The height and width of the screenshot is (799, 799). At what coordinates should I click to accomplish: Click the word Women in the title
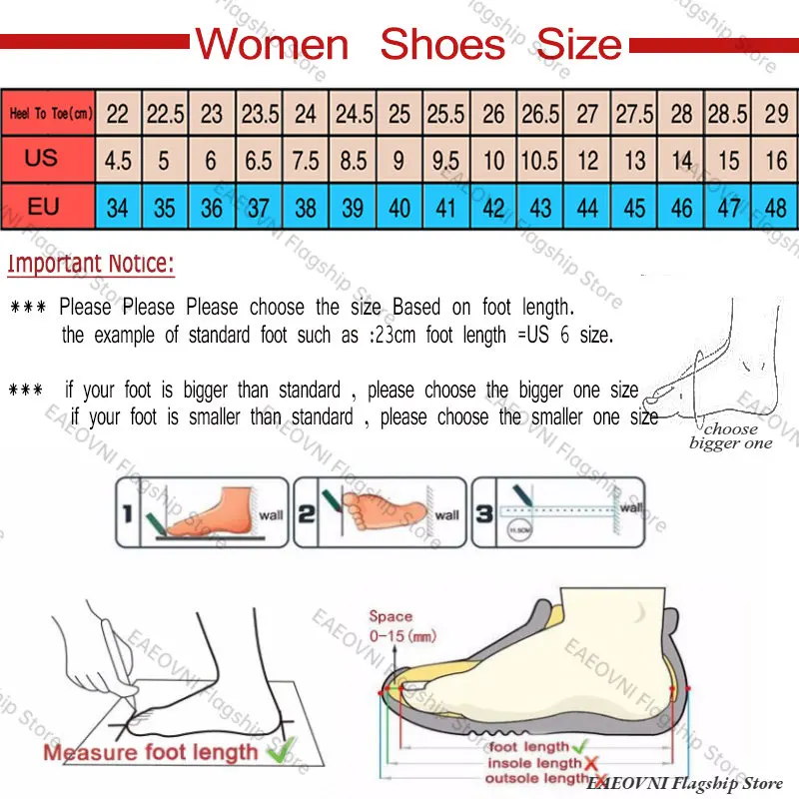[x=271, y=45]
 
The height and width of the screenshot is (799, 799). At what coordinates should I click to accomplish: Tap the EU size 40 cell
[x=399, y=209]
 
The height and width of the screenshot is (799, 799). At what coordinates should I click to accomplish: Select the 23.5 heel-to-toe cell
[x=260, y=114]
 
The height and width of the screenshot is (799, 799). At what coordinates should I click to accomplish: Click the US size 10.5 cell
[x=540, y=161]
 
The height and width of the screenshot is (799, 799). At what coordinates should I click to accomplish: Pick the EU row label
[x=43, y=208]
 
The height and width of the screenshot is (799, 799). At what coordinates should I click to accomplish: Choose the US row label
[x=42, y=159]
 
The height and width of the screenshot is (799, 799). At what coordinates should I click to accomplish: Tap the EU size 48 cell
[x=776, y=209]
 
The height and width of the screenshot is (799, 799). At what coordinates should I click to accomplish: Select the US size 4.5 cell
[x=118, y=161]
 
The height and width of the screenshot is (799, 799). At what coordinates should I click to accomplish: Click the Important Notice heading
[x=91, y=265]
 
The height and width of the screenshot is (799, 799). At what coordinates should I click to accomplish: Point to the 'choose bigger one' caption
[x=731, y=436]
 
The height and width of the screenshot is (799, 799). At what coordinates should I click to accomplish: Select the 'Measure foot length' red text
[x=150, y=752]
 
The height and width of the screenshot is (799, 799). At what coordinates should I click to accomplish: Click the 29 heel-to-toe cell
[x=776, y=114]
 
